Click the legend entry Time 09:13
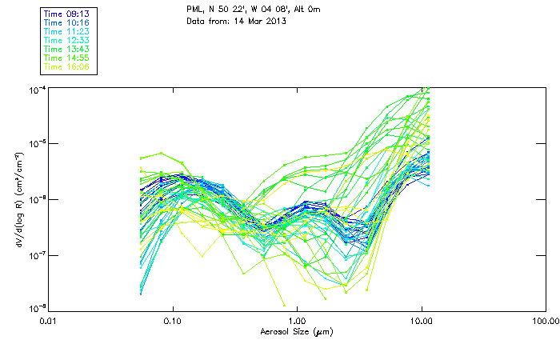click(x=67, y=13)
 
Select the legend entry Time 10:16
click(x=67, y=22)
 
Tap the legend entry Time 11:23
click(x=67, y=30)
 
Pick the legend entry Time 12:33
click(x=67, y=40)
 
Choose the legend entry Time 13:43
click(x=67, y=49)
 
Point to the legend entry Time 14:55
click(x=67, y=58)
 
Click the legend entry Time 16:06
click(x=67, y=66)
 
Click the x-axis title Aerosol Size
click(x=297, y=331)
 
